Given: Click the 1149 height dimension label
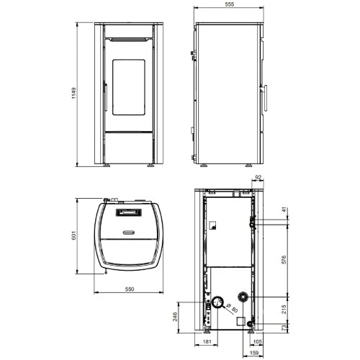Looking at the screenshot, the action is [x=73, y=93].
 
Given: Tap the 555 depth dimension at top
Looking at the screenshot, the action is [x=230, y=4].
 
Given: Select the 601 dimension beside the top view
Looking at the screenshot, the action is [x=73, y=235].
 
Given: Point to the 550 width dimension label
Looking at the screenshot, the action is [x=130, y=289].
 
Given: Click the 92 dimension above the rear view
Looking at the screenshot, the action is [x=258, y=177].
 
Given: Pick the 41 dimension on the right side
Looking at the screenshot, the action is [x=284, y=210].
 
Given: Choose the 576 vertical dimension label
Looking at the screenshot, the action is [x=284, y=260].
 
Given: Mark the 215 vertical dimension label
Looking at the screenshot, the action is [x=284, y=310].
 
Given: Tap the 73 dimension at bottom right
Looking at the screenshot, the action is [x=284, y=328].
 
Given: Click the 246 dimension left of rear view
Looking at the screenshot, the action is [x=175, y=317].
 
